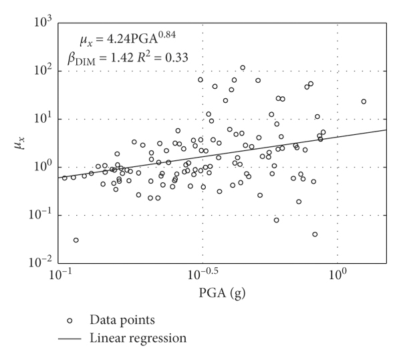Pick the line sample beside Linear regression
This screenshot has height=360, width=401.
tap(69, 339)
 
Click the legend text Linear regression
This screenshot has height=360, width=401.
tap(138, 339)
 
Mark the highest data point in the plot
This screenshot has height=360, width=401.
tap(243, 67)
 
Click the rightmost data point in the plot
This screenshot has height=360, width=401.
tap(364, 102)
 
